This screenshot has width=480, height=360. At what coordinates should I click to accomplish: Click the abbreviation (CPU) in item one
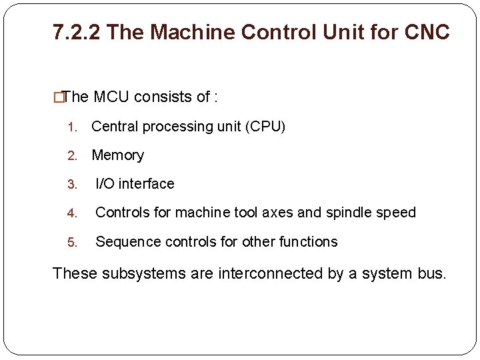coord(266,127)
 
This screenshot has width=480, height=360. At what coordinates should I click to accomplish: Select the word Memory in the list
coord(117,155)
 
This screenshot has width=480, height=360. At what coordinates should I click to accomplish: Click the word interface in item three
coord(147,184)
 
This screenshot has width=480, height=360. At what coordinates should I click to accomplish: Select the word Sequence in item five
coord(125,242)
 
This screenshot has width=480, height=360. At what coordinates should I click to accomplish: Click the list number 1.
coord(73,127)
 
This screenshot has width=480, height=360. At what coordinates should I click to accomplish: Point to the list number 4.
coord(73,213)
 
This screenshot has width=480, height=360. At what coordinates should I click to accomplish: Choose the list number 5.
coord(73,243)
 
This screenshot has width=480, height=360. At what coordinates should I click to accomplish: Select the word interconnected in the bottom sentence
coord(276,273)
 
